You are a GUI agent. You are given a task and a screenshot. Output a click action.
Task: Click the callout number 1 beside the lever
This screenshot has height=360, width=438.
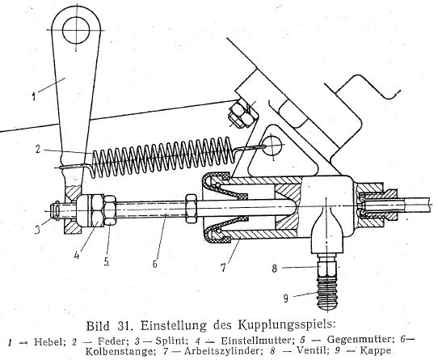34,97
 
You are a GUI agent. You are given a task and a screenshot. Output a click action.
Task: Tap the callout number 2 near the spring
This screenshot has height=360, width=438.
39,149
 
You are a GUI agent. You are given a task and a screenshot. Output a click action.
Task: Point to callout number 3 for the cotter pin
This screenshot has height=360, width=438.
37,229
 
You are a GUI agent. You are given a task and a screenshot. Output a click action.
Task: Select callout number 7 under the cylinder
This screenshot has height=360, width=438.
223,268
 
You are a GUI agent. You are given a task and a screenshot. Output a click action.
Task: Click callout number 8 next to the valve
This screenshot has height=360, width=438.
275,269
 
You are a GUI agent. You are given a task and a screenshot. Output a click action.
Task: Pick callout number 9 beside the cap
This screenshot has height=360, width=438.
285,299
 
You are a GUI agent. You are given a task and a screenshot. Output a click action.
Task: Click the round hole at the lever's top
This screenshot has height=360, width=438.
76,30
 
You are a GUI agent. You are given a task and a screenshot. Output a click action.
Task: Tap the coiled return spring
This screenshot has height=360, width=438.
162,157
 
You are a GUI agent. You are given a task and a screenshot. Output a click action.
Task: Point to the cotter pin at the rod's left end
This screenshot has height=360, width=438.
57,210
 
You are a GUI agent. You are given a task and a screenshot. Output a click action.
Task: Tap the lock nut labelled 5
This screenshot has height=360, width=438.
110,210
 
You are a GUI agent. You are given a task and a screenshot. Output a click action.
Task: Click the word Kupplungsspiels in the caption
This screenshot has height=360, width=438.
286,325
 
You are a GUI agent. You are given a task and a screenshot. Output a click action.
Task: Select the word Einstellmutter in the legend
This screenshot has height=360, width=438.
258,341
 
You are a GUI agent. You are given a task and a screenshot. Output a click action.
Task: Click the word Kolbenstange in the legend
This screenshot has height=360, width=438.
120,351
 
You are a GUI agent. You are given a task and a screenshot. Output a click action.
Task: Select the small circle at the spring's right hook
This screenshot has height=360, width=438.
272,145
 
